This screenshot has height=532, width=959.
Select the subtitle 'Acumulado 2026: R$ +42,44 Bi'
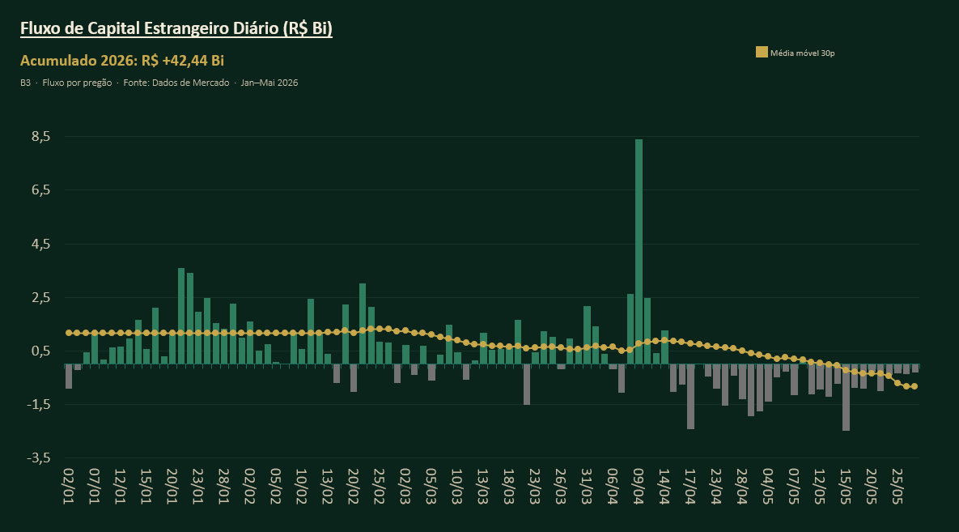click(122, 61)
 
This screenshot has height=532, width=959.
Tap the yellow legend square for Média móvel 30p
click(762, 53)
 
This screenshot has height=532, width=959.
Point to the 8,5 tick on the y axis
click(41, 137)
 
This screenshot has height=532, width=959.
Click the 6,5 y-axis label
click(41, 190)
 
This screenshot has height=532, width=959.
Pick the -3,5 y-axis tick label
click(39, 458)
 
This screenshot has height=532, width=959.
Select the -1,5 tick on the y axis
click(39, 405)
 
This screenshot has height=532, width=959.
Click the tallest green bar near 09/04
click(639, 252)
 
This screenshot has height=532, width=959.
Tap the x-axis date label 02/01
click(69, 487)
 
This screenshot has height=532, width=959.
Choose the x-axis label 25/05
click(897, 487)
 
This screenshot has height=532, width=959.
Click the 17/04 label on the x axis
click(690, 487)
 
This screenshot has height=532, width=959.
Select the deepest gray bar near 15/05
click(846, 398)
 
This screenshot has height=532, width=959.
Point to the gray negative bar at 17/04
click(690, 397)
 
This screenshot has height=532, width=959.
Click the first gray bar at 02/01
click(69, 377)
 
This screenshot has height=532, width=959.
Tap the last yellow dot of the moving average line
click(914, 386)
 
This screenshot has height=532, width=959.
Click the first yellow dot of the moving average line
click(69, 333)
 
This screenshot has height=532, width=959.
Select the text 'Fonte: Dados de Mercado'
click(176, 83)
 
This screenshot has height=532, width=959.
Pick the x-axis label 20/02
click(354, 487)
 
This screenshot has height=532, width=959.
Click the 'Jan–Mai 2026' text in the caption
click(269, 83)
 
